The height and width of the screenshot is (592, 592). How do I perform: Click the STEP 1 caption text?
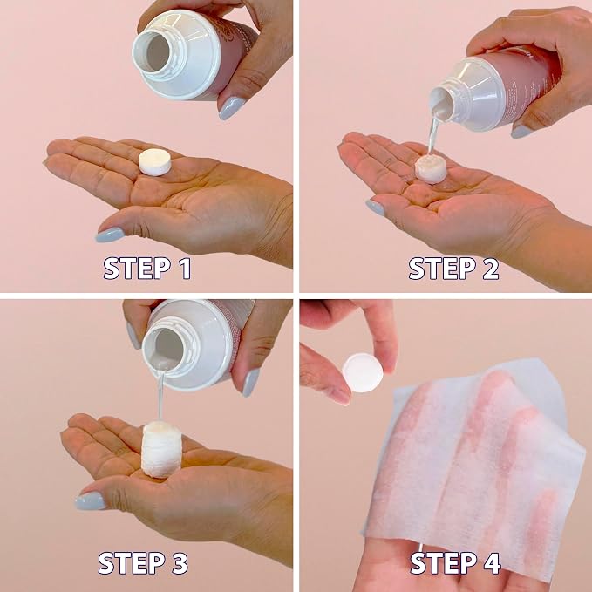pyautogui.click(x=147, y=268)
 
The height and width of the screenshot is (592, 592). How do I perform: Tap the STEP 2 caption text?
pyautogui.click(x=454, y=268)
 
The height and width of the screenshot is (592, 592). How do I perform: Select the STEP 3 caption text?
pyautogui.click(x=143, y=563)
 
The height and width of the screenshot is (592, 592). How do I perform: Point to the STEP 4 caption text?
pyautogui.click(x=455, y=563)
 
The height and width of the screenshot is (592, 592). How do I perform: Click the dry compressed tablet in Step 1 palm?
pyautogui.click(x=155, y=162)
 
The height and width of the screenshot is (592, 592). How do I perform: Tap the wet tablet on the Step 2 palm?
pyautogui.click(x=431, y=169)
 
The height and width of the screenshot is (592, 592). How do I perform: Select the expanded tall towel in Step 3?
pyautogui.click(x=161, y=449)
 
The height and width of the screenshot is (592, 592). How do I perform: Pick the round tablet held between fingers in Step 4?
pyautogui.click(x=363, y=372)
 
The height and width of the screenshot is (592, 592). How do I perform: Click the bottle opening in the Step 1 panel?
pyautogui.click(x=157, y=52)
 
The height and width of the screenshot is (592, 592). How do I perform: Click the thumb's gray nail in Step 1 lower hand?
pyautogui.click(x=110, y=235)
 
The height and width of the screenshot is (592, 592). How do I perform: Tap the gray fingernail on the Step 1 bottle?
pyautogui.click(x=231, y=108)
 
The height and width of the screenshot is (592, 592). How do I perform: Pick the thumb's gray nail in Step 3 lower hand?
pyautogui.click(x=90, y=501)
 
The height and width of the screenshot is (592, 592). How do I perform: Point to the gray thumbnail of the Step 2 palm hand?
pyautogui.click(x=375, y=208)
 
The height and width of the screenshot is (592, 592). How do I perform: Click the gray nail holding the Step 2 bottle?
pyautogui.click(x=521, y=132)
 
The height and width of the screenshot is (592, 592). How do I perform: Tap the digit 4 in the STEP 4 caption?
pyautogui.click(x=491, y=563)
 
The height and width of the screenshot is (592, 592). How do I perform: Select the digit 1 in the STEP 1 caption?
pyautogui.click(x=185, y=268)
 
